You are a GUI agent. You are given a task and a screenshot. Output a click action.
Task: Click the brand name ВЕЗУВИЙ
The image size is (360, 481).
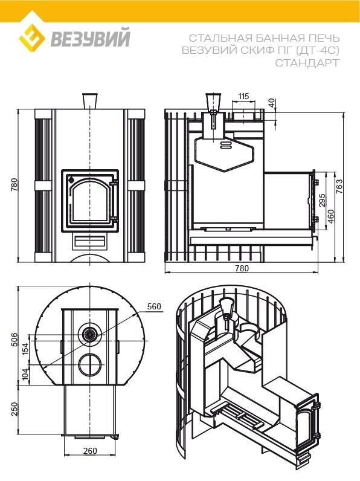tap(91, 37)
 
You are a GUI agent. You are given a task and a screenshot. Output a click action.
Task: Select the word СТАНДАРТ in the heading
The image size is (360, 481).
tap(307, 63)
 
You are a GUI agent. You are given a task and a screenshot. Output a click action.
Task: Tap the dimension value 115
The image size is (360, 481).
tap(243, 97)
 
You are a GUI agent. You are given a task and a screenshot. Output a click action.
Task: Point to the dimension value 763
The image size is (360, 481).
tap(339, 186)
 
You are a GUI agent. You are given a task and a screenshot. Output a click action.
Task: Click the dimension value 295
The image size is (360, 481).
tap(322, 200)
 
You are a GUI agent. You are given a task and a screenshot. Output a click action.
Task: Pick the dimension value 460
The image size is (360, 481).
tap(331, 216)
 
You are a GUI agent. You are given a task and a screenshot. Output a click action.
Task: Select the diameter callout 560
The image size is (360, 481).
tap(154, 306)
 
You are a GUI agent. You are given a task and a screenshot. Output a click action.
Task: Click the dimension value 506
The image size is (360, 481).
tap(14, 340)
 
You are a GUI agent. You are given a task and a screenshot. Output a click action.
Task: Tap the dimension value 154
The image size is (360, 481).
tap(25, 349)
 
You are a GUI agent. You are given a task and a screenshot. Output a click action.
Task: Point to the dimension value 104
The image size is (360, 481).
tap(25, 374)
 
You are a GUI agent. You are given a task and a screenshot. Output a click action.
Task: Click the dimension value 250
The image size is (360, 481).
tap(14, 410)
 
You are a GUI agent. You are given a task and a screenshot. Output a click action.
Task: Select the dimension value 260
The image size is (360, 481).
tap(90, 451)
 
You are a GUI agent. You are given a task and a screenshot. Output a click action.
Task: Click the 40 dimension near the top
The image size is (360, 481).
tap(272, 103)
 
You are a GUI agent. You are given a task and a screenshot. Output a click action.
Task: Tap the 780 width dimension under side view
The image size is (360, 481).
tap(242, 268)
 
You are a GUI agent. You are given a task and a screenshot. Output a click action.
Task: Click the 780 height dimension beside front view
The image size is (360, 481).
tap(14, 185)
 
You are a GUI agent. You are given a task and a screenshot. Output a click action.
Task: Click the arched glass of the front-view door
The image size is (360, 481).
tap(89, 199)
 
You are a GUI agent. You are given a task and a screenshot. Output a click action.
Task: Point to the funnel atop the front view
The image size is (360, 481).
tap(90, 101)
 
